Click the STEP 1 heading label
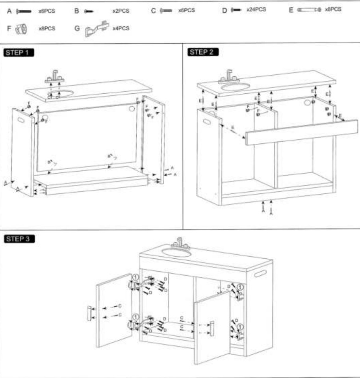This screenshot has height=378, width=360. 19,52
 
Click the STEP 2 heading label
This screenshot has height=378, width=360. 203,52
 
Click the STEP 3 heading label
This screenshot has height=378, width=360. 19,239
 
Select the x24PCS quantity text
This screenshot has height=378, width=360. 256,9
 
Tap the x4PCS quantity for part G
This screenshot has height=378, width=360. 121,28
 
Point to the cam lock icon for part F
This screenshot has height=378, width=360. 22,28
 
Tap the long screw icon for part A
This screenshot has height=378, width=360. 24,11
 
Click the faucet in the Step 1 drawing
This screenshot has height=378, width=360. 55,77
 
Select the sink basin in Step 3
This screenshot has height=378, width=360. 177,252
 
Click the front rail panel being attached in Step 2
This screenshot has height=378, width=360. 301,132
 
